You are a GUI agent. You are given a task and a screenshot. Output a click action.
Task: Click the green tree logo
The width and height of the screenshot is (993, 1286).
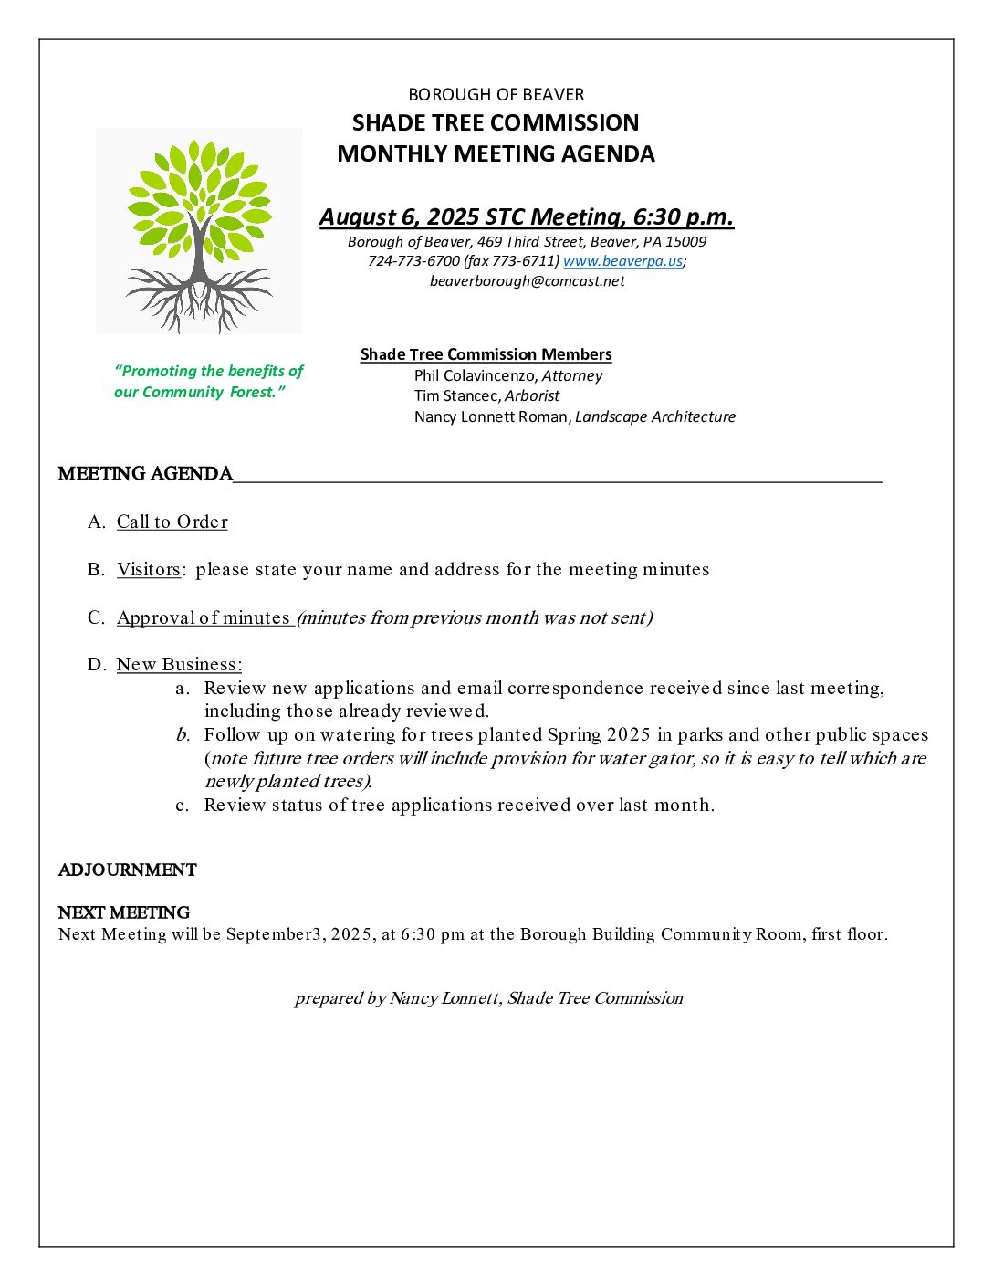[x=199, y=230]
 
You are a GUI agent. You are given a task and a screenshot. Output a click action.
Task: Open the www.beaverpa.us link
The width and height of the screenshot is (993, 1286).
[x=622, y=261]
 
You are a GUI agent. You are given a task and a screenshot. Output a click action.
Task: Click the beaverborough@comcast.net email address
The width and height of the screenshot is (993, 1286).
[x=528, y=281]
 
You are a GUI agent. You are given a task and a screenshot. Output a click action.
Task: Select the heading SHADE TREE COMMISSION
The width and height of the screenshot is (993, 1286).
[x=496, y=123]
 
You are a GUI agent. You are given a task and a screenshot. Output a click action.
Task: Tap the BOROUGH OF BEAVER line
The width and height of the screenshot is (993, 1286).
[x=496, y=95]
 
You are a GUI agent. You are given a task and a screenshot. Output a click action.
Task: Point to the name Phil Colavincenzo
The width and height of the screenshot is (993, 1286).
[x=475, y=375]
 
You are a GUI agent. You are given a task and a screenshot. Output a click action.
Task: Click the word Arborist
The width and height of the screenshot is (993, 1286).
[x=532, y=395]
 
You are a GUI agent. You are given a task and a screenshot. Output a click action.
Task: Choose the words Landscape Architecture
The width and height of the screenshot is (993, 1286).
[x=655, y=416]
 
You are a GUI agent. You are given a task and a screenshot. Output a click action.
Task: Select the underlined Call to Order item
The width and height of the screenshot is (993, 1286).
[x=172, y=522]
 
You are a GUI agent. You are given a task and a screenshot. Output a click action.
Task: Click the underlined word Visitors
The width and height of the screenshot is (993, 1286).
[x=149, y=569]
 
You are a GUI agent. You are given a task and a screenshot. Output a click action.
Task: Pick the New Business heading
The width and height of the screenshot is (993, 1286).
[x=179, y=664]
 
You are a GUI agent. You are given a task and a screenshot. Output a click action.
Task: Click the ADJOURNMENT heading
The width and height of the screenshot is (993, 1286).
[x=127, y=870]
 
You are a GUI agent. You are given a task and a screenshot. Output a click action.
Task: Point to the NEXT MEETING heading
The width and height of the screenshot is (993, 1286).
[x=124, y=912]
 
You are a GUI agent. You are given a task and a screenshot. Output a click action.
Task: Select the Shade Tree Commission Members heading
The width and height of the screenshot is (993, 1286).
[x=486, y=354]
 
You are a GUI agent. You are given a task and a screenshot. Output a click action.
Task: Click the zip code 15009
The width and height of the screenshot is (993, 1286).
[x=686, y=242]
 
